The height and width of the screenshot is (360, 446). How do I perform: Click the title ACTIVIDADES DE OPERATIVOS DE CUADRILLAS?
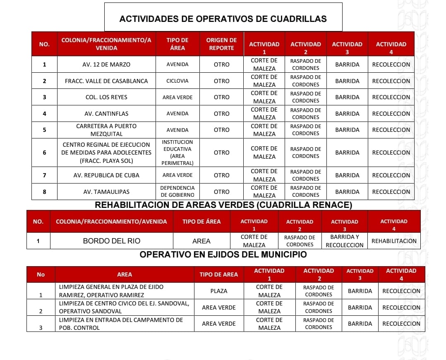coord(223,19)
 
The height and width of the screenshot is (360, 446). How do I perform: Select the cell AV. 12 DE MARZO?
coord(106,64)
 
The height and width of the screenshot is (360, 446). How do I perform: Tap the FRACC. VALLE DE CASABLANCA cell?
coord(106,81)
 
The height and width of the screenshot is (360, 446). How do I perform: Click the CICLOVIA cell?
coord(177,81)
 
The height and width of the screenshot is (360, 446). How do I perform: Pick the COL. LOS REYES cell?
coord(106,97)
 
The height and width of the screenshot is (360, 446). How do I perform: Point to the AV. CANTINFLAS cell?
coord(106,114)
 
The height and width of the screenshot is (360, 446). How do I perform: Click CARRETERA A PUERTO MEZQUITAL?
coord(106,130)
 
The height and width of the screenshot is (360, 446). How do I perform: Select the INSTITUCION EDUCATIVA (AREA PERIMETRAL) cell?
coord(177,153)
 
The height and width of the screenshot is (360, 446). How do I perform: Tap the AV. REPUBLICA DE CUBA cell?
coord(106,175)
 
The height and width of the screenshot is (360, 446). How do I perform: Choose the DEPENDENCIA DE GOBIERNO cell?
coord(177,191)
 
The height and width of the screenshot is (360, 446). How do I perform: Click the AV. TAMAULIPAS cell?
coord(106,192)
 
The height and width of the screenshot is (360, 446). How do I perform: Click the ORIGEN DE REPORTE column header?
coord(221,44)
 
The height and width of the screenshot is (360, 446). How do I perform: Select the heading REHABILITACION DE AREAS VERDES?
coord(223,205)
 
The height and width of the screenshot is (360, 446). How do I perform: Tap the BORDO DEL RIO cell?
coord(111,241)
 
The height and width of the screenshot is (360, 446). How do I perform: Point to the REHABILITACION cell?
coord(394,241)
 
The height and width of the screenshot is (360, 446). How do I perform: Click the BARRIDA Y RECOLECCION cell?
coord(344,241)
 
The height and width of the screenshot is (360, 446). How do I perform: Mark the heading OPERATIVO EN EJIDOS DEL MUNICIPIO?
coord(223,255)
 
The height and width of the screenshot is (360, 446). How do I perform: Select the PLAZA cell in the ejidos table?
coord(219,291)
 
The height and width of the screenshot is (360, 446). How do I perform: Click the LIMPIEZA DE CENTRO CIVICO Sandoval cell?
coord(124,307)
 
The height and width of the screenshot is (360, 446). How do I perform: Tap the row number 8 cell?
coord(44,192)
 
